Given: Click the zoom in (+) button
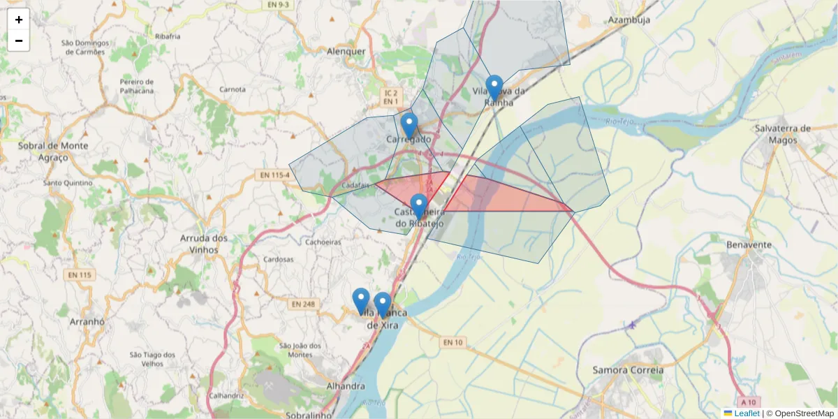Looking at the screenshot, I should click(x=19, y=20).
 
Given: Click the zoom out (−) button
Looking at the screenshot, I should click(x=19, y=41).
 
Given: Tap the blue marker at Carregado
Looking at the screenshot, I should click(x=409, y=126).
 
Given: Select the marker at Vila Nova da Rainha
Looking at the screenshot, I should click(x=494, y=89).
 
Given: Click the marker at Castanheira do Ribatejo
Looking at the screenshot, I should click(x=418, y=207).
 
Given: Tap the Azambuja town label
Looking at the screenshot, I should click(x=628, y=20).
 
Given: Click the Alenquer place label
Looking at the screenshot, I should click(x=346, y=51).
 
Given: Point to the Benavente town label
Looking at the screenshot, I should click(x=749, y=245).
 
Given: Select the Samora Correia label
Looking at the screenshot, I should click(x=627, y=370).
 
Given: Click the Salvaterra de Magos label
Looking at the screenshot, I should click(x=783, y=134).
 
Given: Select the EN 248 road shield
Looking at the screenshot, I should click(x=304, y=304).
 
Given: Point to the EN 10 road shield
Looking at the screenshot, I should click(x=453, y=342).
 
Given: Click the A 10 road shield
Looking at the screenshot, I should click(x=749, y=402).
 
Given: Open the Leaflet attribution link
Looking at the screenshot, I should click(x=746, y=413).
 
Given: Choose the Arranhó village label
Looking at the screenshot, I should click(x=87, y=322).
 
